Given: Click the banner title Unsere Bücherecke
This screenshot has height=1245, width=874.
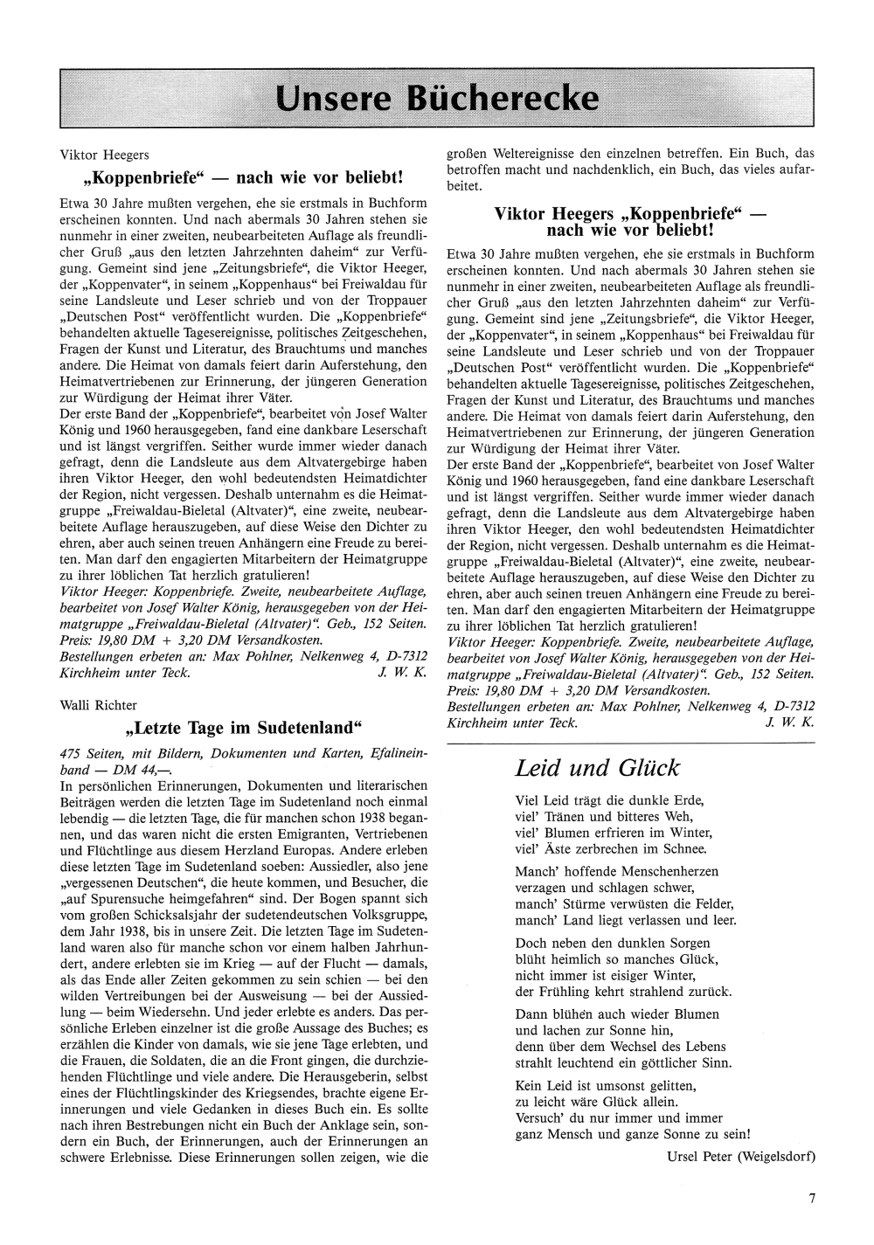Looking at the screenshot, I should pyautogui.click(x=437, y=98).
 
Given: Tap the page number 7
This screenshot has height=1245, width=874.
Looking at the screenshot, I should pyautogui.click(x=812, y=1199).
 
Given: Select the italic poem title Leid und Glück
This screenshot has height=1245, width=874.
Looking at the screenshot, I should pyautogui.click(x=597, y=768).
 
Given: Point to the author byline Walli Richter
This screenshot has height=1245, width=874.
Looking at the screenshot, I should pyautogui.click(x=98, y=705).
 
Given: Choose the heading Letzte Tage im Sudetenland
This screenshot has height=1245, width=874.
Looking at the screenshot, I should pyautogui.click(x=243, y=728).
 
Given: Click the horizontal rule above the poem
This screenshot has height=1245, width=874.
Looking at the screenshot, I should pyautogui.click(x=630, y=742).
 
